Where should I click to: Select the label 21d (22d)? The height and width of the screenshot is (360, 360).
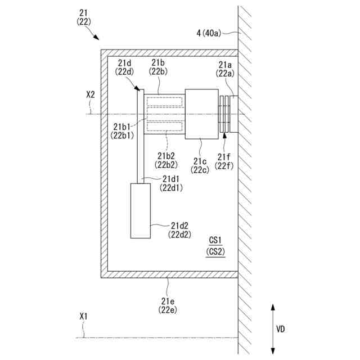[125, 66]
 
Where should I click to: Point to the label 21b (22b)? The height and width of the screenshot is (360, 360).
[158, 66]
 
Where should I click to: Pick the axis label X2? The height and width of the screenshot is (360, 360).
[91, 96]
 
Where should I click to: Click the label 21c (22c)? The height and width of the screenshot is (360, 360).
[201, 164]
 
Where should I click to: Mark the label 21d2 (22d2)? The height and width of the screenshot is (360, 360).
[179, 230]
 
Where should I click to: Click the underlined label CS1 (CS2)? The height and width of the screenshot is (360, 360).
[215, 246]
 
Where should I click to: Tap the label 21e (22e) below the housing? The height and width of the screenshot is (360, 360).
[169, 305]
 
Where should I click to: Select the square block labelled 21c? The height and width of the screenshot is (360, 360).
[201, 114]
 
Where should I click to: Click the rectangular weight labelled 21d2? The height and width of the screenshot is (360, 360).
[141, 210]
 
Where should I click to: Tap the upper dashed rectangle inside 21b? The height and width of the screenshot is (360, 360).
[164, 102]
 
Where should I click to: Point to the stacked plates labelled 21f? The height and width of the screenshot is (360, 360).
[225, 114]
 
